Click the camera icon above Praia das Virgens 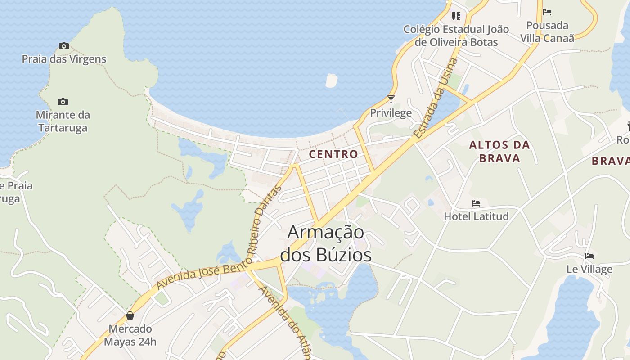coord(64,46)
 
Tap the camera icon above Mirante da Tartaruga coord(63,102)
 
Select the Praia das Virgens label coord(64,59)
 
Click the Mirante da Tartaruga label coord(63,121)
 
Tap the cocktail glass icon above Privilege coord(391,99)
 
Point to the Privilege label coord(391,112)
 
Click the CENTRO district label coord(333,154)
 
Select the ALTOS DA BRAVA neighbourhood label coord(499,152)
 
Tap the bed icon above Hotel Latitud coord(476,203)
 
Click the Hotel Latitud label coord(476,216)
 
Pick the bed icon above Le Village coord(589,256)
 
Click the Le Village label coord(589,269)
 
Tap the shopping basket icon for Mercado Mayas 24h coord(130,315)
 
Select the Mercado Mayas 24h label coord(130,335)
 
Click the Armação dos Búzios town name coord(326,243)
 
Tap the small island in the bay coord(331,81)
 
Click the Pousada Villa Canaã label coord(547,31)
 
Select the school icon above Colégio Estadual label coord(456,16)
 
